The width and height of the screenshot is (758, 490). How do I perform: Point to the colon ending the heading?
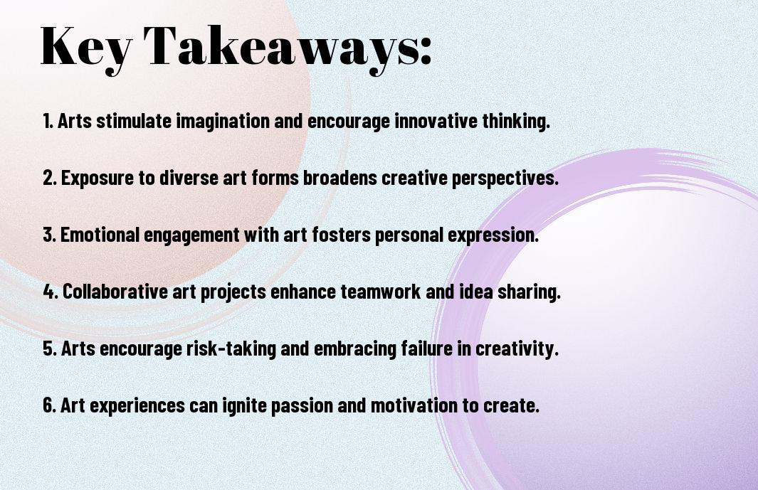(426, 51)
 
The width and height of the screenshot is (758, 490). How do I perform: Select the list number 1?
(48, 121)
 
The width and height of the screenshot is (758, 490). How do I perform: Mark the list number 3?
(49, 235)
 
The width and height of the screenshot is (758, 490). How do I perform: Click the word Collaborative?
(115, 292)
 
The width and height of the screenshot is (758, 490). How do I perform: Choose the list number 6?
(50, 405)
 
